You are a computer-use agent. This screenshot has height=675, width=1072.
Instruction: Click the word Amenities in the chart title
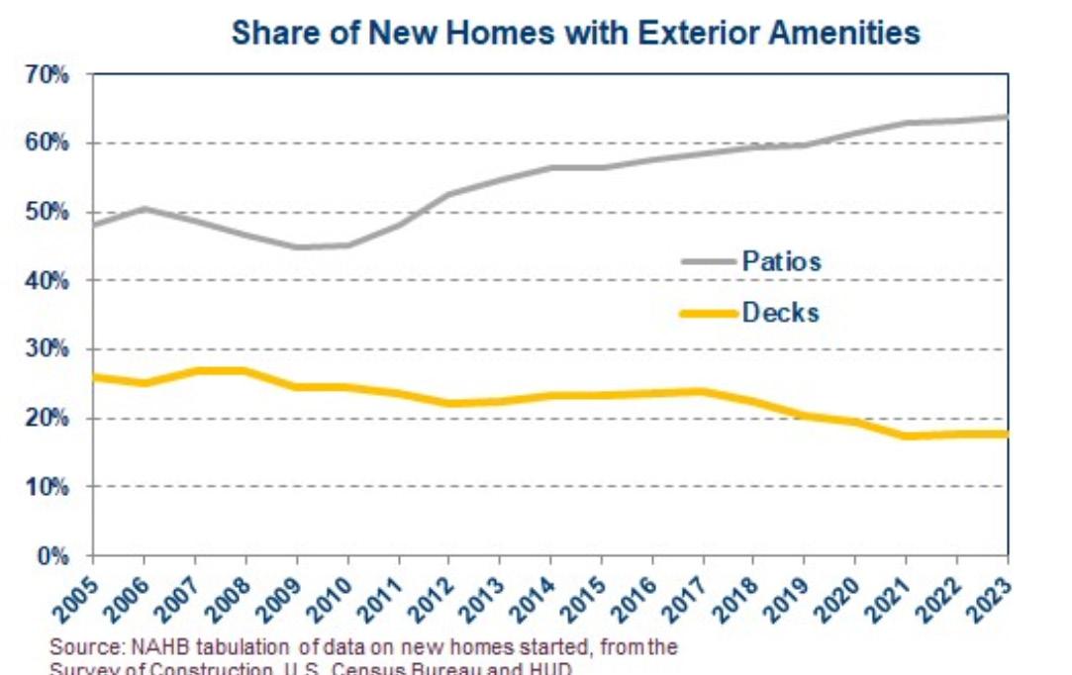tap(847, 33)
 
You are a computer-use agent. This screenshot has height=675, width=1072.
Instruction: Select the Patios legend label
tap(782, 261)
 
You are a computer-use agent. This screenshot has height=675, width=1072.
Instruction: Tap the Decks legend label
tap(781, 313)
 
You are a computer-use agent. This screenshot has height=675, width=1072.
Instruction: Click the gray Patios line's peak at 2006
tap(145, 208)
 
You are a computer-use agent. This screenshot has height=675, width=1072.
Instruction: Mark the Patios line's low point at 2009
tap(297, 246)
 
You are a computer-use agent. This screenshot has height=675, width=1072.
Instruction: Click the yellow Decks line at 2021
tap(907, 435)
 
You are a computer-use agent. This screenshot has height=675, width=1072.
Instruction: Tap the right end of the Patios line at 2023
tap(1007, 117)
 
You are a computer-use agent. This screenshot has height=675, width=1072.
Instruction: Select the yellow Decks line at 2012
tap(449, 403)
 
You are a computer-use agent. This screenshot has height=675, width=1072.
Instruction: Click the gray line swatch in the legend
tap(709, 261)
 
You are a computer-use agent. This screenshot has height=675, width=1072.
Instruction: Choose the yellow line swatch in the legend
tap(709, 314)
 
